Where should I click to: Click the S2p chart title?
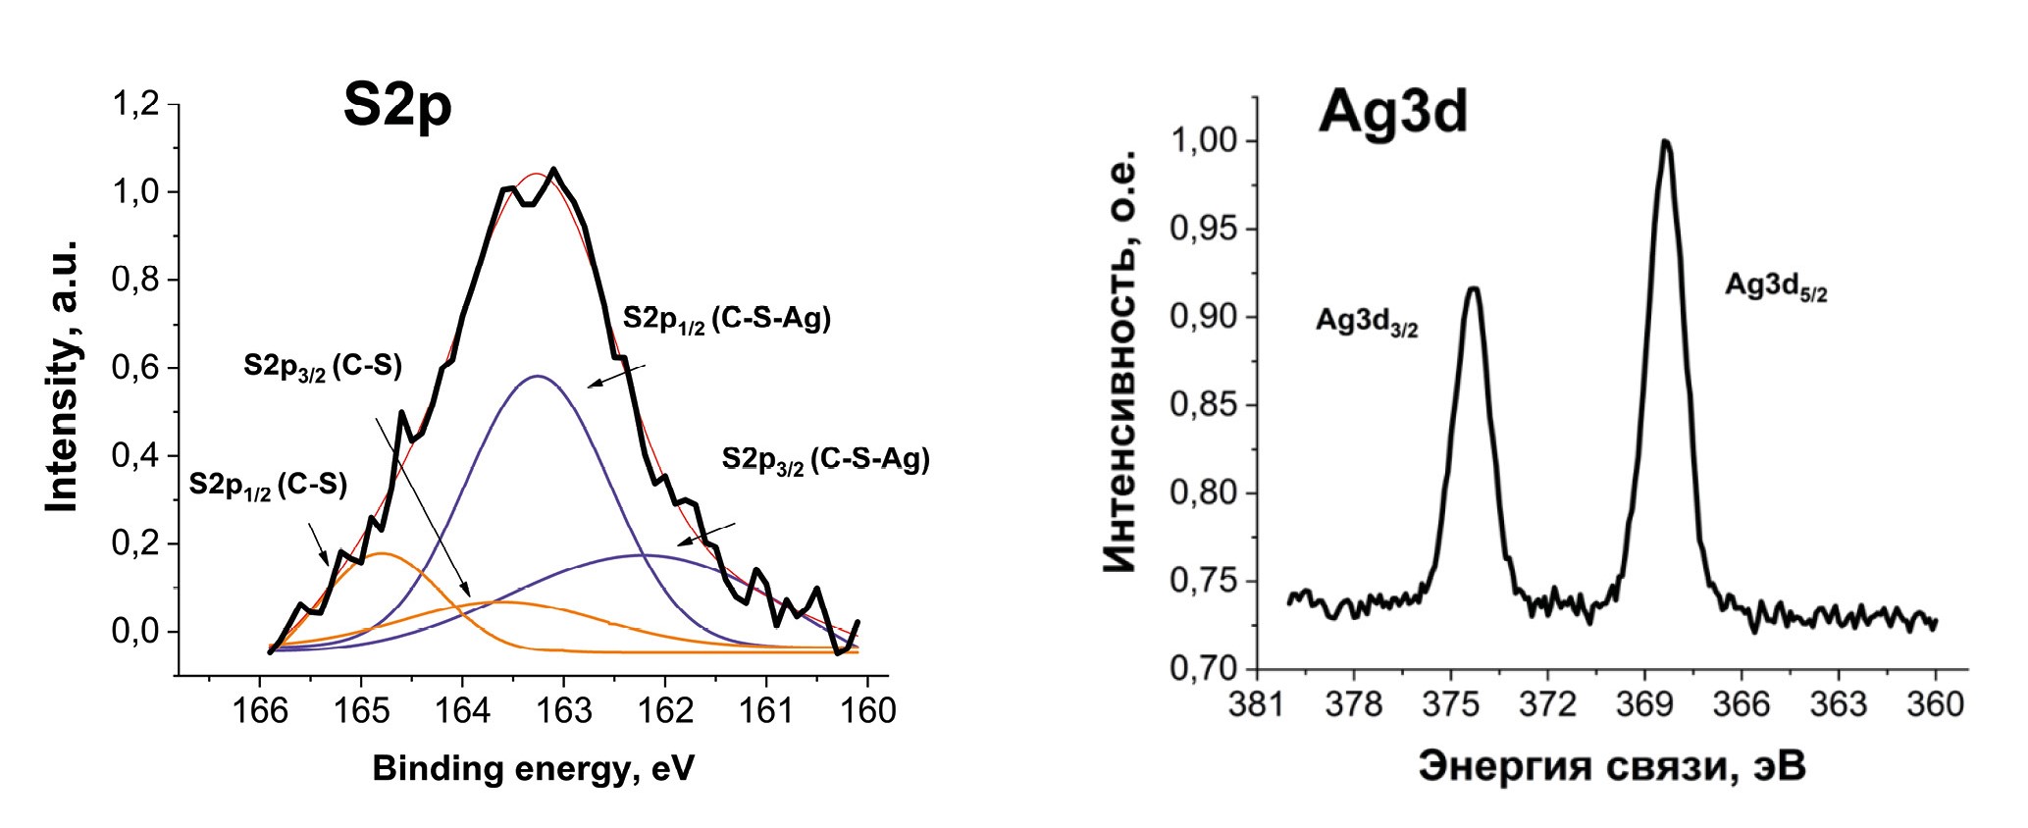click(397, 106)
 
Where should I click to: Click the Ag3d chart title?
click(1393, 112)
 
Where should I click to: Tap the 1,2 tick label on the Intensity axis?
click(135, 104)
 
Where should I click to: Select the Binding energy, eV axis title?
click(533, 768)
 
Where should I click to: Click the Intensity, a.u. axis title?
click(63, 376)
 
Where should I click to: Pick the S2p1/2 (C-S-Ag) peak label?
click(726, 320)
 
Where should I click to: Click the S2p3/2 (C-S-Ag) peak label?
click(825, 460)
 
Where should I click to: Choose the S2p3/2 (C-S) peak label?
click(323, 367)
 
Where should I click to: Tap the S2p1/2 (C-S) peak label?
click(268, 486)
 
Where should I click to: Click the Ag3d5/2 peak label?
click(1776, 286)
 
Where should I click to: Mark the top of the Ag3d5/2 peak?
click(1665, 141)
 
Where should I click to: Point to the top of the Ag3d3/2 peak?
click(1473, 288)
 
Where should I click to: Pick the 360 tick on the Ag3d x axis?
click(1935, 703)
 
